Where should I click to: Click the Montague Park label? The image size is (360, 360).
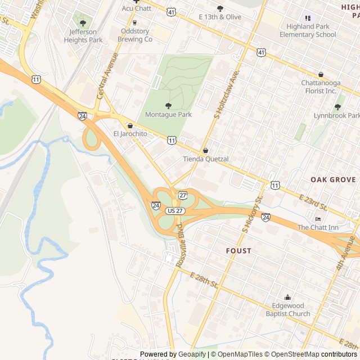point(168,115)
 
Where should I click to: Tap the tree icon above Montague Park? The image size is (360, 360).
point(168,106)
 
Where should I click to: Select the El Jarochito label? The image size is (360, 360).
point(130,134)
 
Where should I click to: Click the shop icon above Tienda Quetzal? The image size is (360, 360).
point(205,151)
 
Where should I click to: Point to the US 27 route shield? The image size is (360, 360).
point(175,210)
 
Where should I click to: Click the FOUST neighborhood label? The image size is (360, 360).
point(238,250)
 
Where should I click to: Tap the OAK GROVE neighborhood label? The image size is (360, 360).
point(333,179)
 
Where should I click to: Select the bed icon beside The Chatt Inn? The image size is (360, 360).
point(318,219)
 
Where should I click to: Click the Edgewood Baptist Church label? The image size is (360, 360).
point(288,310)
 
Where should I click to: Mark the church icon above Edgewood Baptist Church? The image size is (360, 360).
point(288,298)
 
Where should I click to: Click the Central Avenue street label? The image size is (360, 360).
point(107,76)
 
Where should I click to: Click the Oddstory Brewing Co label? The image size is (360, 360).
point(134,35)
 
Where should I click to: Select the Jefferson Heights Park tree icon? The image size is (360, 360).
point(83,23)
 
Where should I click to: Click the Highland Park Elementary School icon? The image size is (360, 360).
point(308,18)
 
